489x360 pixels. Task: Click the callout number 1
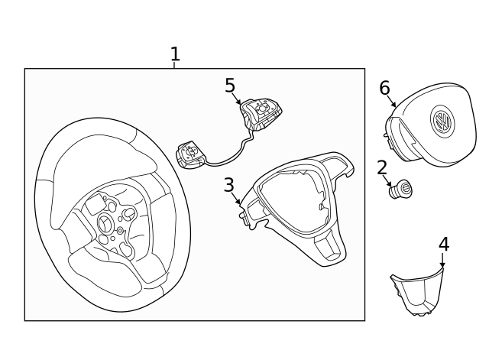pos(175,54)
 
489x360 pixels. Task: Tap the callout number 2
pos(382,167)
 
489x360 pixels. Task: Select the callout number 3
pos(228,185)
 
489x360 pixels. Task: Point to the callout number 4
pos(443,244)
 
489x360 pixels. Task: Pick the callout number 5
pos(230,85)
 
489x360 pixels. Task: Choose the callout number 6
pos(384,88)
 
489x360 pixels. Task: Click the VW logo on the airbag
pos(442,122)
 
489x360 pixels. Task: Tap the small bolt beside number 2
pos(400,189)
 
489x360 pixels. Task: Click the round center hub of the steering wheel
pos(105,222)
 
